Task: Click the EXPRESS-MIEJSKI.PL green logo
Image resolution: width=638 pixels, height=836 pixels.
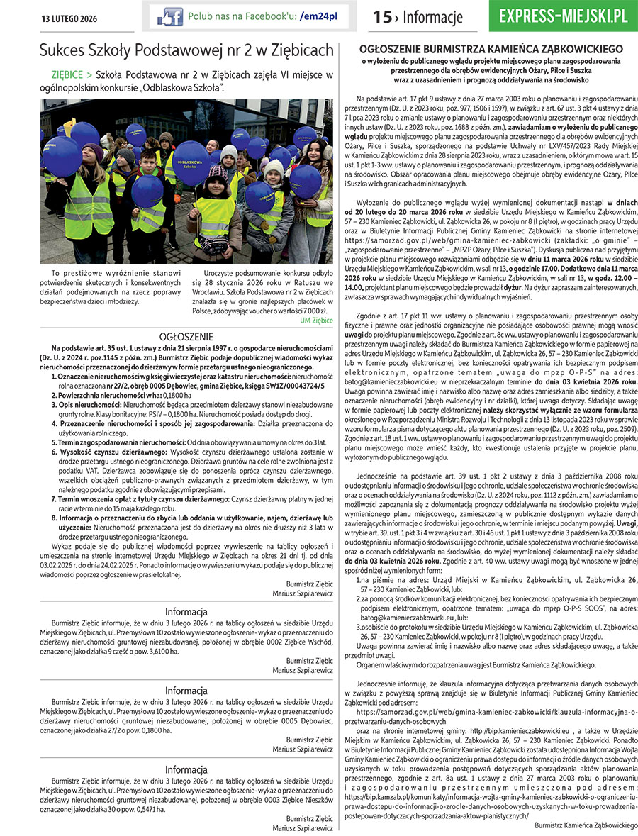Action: [563, 17]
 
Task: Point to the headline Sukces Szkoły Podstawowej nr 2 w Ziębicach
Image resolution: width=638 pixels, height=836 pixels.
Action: [186, 50]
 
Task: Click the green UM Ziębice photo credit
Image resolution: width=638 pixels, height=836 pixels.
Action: [316, 321]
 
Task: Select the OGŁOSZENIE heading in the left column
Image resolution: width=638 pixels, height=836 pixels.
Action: [186, 336]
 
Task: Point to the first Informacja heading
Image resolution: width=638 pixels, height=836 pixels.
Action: [186, 612]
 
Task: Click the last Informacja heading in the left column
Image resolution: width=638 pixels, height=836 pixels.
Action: [186, 769]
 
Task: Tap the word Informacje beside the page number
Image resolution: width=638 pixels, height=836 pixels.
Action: [432, 17]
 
